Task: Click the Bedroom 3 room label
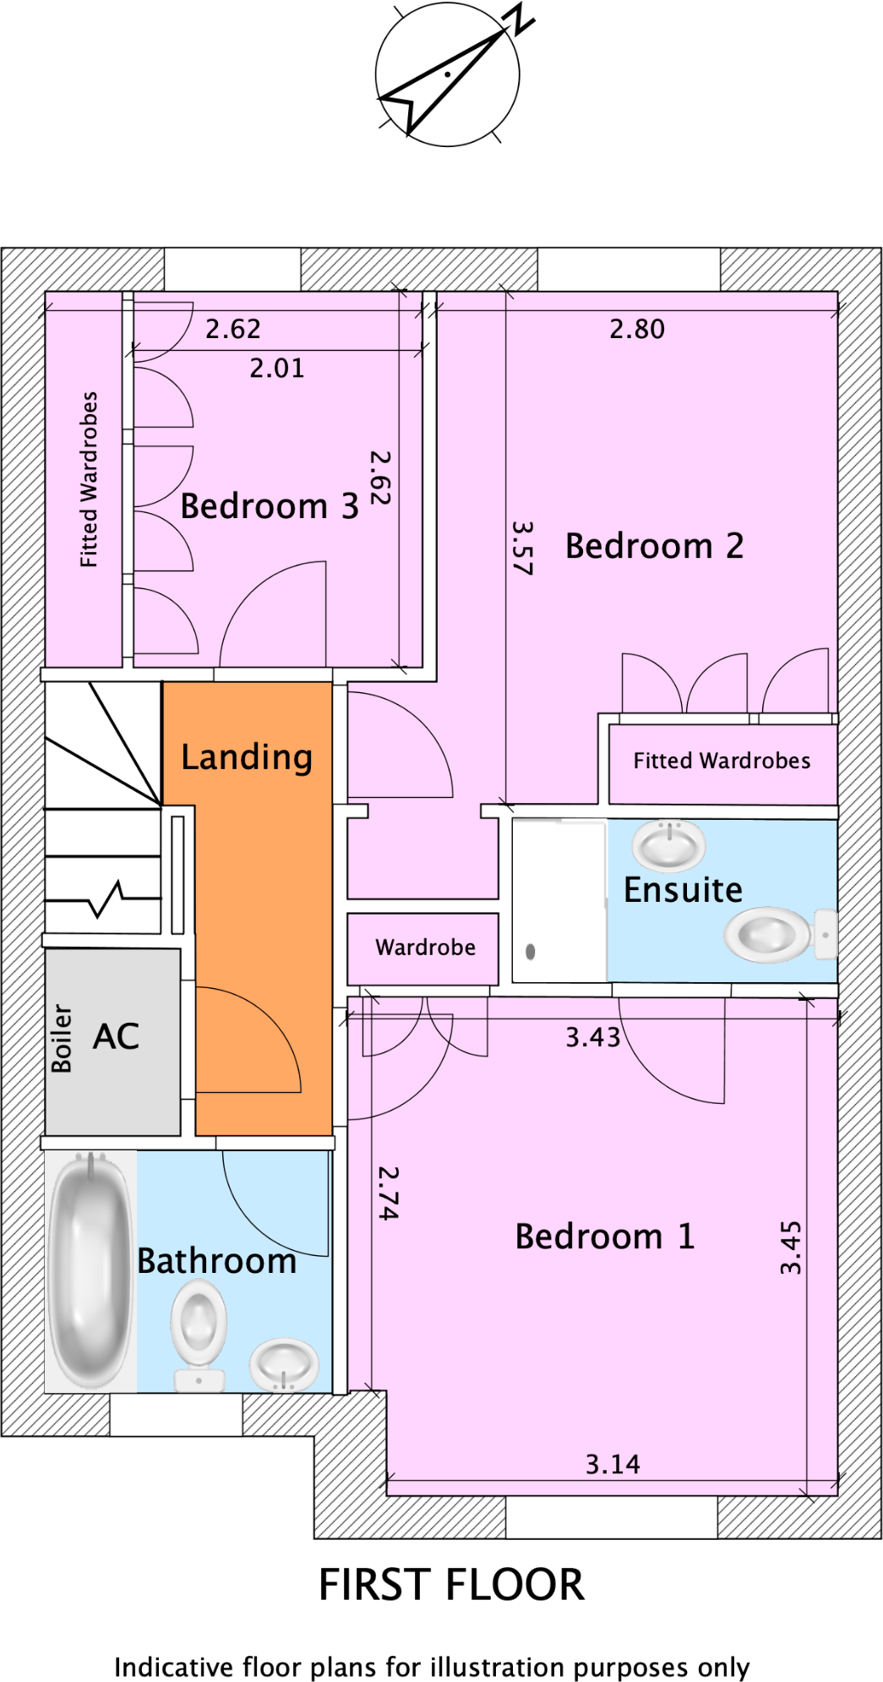[x=269, y=506]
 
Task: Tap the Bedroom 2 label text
[x=654, y=546]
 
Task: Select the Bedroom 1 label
[x=604, y=1237]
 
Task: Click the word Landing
[x=247, y=757]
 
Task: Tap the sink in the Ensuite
[x=669, y=844]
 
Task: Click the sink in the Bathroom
[x=284, y=1363]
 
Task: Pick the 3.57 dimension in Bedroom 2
[x=523, y=548]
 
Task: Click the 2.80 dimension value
[x=637, y=329]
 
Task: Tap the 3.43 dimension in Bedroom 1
[x=592, y=1037]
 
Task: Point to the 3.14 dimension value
[x=613, y=1464]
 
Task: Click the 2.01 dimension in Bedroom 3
[x=276, y=368]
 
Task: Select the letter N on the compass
[x=521, y=19]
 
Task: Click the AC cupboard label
[x=116, y=1036]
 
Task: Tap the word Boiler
[x=62, y=1039]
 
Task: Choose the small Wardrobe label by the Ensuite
[x=425, y=947]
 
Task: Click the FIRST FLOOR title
[x=451, y=1585]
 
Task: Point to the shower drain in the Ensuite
[x=530, y=952]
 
